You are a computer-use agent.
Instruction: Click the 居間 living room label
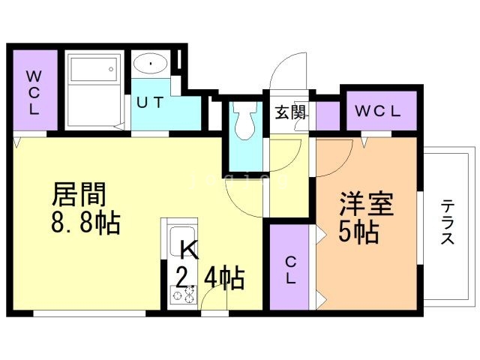[x=79, y=194]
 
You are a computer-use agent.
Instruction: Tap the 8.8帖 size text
[x=85, y=223]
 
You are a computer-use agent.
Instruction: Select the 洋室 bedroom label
[x=367, y=203]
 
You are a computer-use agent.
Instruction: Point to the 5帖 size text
[x=358, y=232]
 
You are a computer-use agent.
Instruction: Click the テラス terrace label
[x=448, y=222]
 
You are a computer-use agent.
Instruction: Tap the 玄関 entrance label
[x=290, y=112]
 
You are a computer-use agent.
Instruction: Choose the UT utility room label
[x=150, y=102]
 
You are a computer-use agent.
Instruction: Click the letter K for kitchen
[x=188, y=250]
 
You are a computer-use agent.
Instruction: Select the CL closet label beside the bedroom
[x=290, y=270]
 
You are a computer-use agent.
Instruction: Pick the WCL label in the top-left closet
[x=34, y=92]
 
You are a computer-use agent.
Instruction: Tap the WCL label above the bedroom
[x=378, y=111]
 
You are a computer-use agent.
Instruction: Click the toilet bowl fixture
[x=245, y=121]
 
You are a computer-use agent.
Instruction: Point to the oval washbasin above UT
[x=151, y=64]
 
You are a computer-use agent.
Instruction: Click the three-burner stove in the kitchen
[x=183, y=294]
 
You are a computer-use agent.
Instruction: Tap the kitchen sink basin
[x=182, y=240]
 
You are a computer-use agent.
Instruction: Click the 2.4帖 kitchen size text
[x=210, y=277]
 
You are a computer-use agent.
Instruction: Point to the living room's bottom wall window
[x=89, y=313]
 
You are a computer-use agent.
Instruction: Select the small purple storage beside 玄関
[x=328, y=115]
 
